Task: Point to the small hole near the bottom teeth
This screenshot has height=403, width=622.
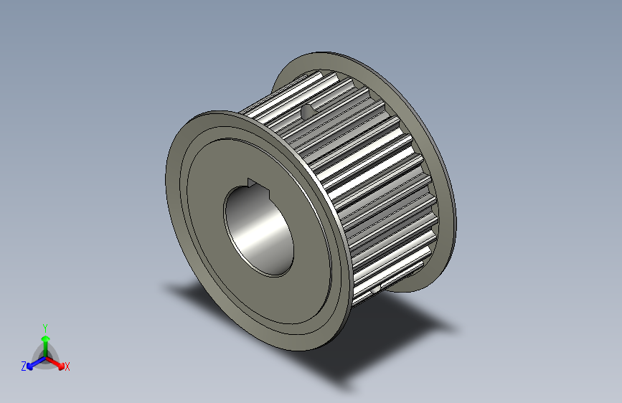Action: [377, 290]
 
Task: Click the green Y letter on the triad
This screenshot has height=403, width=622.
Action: [44, 327]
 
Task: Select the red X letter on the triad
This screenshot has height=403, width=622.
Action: [67, 367]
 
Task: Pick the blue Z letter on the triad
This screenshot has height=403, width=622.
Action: [24, 366]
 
